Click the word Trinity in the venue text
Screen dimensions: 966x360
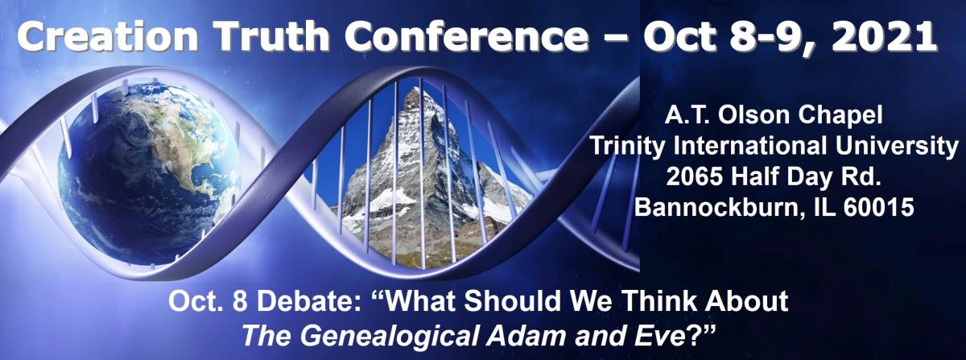(x=627, y=146)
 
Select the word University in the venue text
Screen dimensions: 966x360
(x=897, y=146)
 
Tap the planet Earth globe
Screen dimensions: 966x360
(x=149, y=172)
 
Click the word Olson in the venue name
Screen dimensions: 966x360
(x=744, y=116)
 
